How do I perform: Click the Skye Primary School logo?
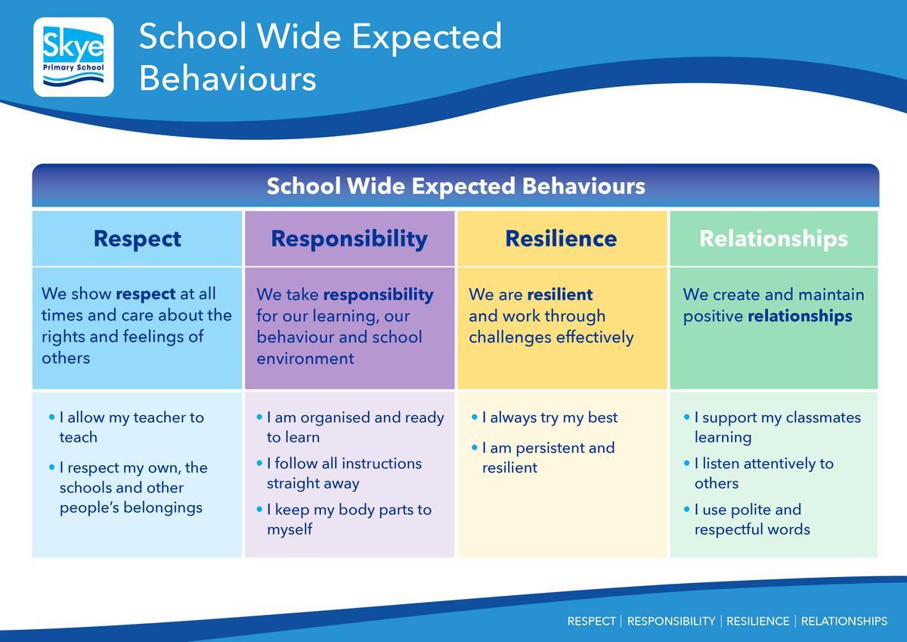coord(73,57)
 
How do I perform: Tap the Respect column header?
coord(138,238)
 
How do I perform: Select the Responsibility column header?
coord(349,238)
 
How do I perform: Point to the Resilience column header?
coord(561,238)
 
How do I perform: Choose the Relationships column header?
coord(774,238)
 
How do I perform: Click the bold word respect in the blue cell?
coord(146,294)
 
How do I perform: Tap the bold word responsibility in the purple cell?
coord(378,295)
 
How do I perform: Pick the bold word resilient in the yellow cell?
coord(560,294)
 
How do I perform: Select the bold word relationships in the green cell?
coord(800,316)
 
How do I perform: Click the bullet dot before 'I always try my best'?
coord(475,417)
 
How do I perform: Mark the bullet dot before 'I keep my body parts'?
coord(259,509)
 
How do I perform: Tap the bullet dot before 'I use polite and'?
coord(687,509)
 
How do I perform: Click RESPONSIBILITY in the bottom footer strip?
coord(671,622)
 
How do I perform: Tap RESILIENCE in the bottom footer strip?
coord(757,622)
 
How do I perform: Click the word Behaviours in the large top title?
coord(228,79)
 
